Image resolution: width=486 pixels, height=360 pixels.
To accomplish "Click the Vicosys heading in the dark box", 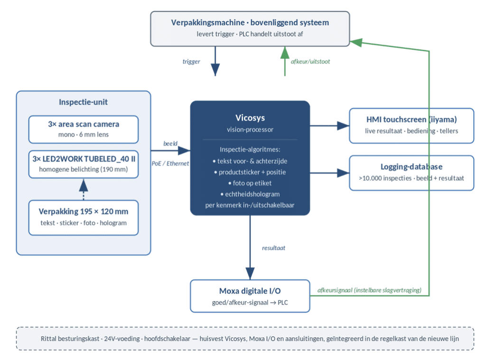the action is click(x=250, y=118).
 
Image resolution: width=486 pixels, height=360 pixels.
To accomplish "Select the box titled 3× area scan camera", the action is click(x=84, y=129).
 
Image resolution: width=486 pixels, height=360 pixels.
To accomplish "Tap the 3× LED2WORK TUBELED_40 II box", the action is click(x=84, y=164).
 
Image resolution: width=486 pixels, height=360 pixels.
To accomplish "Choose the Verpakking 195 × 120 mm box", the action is click(x=84, y=218).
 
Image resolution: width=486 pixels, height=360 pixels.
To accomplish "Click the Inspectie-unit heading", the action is click(x=84, y=102).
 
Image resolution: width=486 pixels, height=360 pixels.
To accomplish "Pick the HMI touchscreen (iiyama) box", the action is click(x=411, y=126).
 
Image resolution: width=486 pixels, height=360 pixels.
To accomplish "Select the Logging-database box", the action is click(x=411, y=173).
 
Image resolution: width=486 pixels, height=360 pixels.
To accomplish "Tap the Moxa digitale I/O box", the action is click(x=250, y=296).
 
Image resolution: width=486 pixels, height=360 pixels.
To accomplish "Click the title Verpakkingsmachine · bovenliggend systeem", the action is click(x=250, y=23).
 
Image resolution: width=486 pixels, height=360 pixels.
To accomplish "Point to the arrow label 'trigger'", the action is click(x=191, y=61).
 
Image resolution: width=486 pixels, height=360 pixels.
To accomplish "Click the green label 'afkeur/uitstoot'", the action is click(x=310, y=61).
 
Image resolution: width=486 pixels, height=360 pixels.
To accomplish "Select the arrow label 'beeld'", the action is click(x=170, y=143).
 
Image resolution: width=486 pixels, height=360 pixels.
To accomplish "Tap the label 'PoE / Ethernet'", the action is click(x=170, y=163).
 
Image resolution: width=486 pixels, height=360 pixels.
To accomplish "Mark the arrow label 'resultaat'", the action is click(x=274, y=248).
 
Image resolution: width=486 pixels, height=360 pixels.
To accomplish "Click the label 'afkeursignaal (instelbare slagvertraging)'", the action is click(x=369, y=290).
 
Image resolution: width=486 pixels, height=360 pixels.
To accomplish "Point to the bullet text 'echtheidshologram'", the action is click(x=250, y=194).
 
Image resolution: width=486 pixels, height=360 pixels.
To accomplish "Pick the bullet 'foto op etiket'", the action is click(x=250, y=183).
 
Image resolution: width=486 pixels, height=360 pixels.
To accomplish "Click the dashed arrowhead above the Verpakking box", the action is click(x=84, y=185).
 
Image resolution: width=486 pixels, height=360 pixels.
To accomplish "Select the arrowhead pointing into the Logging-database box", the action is click(x=343, y=173).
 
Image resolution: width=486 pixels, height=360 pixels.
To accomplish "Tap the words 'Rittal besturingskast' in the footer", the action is click(x=70, y=339).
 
